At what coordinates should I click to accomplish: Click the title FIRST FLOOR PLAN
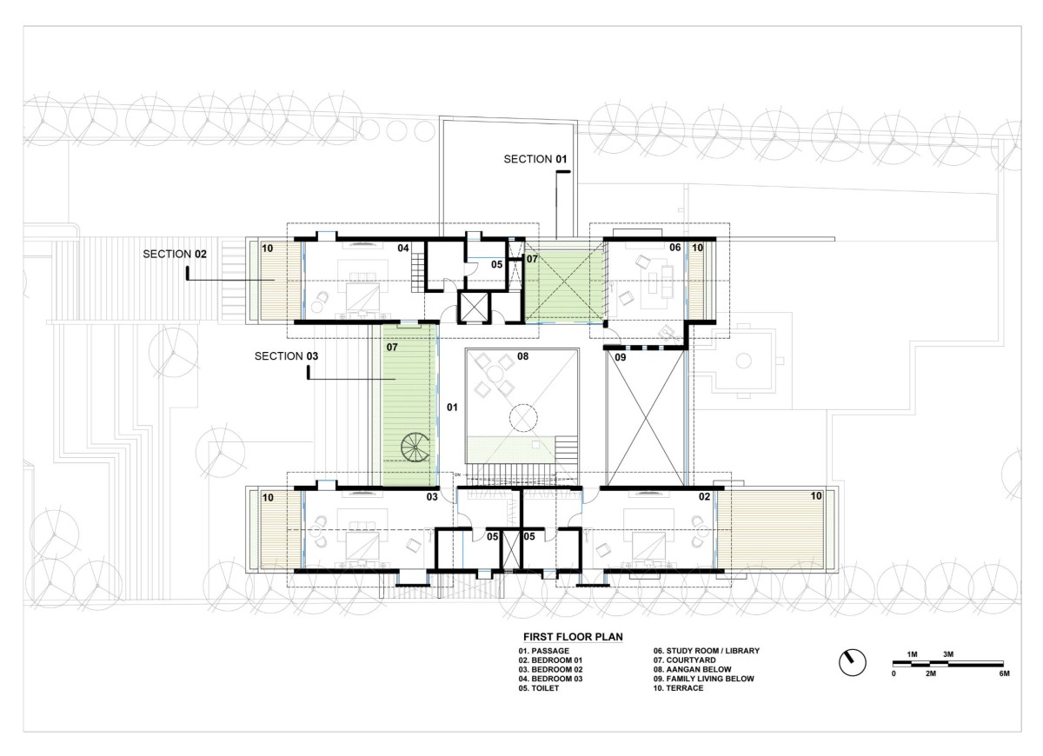[x=573, y=637]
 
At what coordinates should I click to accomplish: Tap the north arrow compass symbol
[x=852, y=662]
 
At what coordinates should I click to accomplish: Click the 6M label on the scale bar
[x=1005, y=673]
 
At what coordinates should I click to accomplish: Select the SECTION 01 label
[x=535, y=159]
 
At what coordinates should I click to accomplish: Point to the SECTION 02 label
[x=175, y=254]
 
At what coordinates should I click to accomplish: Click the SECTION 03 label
[x=286, y=356]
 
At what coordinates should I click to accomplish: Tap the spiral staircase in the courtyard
[x=415, y=447]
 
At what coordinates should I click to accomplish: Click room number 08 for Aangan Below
[x=523, y=356]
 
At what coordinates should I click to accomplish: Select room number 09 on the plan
[x=621, y=357]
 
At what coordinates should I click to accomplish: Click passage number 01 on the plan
[x=452, y=408]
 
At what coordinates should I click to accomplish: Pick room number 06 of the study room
[x=674, y=248]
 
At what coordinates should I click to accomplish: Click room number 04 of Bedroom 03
[x=403, y=249]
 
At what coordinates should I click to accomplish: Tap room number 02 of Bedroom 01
[x=705, y=497]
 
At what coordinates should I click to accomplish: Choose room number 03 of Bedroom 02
[x=432, y=497]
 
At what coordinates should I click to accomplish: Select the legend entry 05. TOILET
[x=539, y=688]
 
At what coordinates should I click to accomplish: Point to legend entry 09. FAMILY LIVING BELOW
[x=703, y=679]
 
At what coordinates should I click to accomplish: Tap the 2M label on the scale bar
[x=930, y=673]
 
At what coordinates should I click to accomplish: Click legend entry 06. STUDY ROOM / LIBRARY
[x=707, y=651]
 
